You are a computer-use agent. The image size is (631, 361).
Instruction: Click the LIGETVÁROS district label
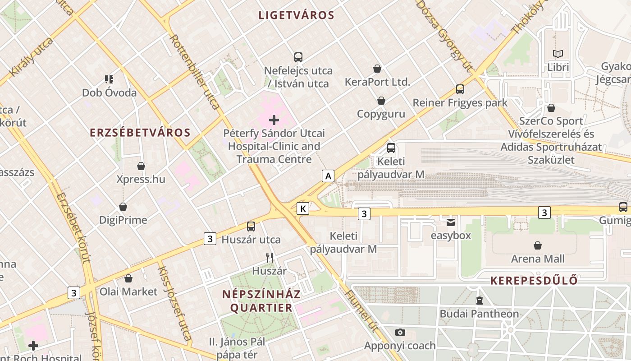296,15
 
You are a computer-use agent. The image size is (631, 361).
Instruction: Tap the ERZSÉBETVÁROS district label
140,133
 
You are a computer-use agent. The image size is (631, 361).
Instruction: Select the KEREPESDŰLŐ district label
534,281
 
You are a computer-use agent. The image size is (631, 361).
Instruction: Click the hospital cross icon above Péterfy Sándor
274,120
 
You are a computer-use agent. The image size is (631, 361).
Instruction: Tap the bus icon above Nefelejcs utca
298,57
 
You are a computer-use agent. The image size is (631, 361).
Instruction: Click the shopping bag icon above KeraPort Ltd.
377,69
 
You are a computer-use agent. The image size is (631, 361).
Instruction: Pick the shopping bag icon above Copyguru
381,101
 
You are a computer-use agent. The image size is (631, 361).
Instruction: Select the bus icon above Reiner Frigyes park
460,89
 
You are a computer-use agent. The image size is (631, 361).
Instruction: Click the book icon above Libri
558,54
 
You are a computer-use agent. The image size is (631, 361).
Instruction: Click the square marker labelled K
303,208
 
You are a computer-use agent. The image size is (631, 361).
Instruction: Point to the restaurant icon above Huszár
270,258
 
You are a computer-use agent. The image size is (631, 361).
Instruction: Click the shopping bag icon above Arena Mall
537,245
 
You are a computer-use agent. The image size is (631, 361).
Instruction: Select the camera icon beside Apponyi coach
400,333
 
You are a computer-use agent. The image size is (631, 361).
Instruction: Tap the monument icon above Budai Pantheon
480,300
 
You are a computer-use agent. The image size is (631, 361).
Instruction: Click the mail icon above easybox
451,222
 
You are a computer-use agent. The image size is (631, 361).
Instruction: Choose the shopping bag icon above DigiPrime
123,207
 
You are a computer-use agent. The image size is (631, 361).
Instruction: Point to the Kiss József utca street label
174,303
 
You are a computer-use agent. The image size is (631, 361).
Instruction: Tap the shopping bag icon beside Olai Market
128,278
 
